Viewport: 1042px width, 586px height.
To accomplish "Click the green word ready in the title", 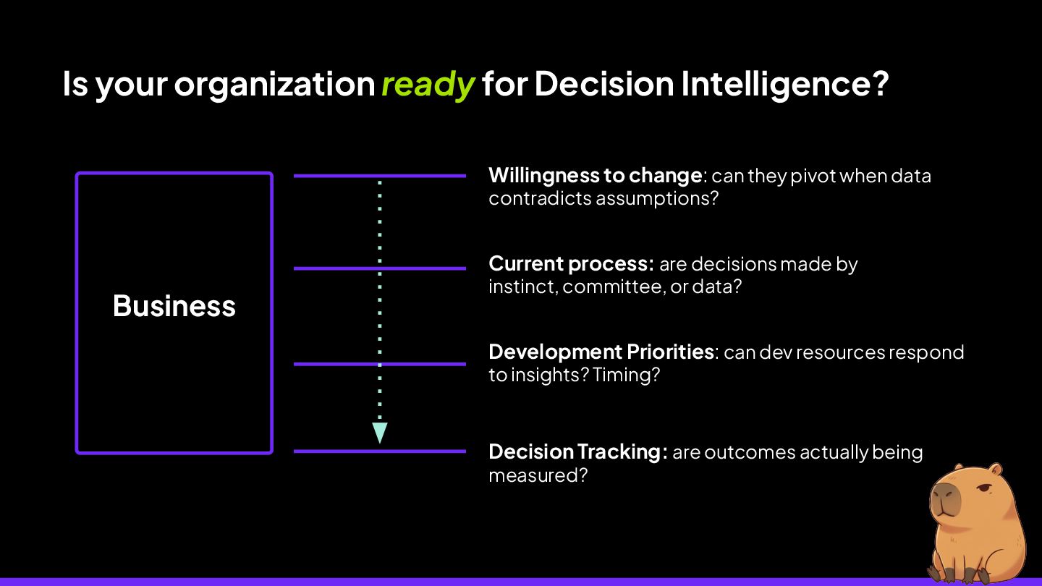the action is pos(428,85).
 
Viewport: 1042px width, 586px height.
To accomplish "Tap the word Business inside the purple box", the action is pos(174,306).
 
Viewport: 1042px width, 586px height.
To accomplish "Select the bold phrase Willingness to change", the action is pos(595,176).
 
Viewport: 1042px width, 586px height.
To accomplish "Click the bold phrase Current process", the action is pos(571,264).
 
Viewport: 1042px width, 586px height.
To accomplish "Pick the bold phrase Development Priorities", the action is pos(601,352).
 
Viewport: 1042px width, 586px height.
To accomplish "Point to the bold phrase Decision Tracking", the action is pos(577,452).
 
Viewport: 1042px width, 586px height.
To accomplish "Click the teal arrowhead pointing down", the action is pos(379,433).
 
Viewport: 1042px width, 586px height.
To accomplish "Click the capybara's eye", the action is pos(983,491).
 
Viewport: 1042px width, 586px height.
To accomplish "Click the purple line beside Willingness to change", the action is pos(379,176).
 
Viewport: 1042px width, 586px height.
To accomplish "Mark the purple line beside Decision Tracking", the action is pos(379,451).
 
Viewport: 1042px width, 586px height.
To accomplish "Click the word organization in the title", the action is pos(274,85).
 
